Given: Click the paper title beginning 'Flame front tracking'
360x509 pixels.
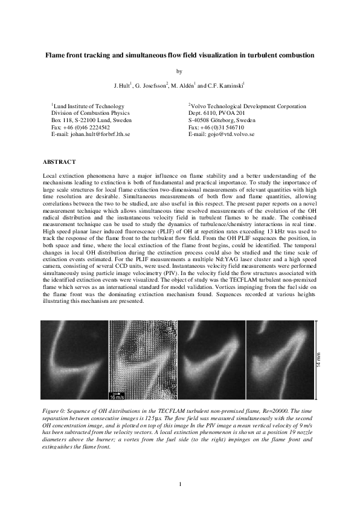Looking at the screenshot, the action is pyautogui.click(x=180, y=56).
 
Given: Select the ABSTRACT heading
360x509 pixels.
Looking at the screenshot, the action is pyautogui.click(x=59, y=162).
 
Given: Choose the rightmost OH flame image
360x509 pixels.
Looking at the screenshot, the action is pyautogui.click(x=280, y=361).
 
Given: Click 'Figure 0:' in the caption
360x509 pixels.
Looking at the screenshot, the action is pyautogui.click(x=55, y=410).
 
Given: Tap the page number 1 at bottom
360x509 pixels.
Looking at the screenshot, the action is pyautogui.click(x=180, y=484).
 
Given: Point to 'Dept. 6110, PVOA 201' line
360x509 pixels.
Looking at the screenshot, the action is pyautogui.click(x=216, y=113).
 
